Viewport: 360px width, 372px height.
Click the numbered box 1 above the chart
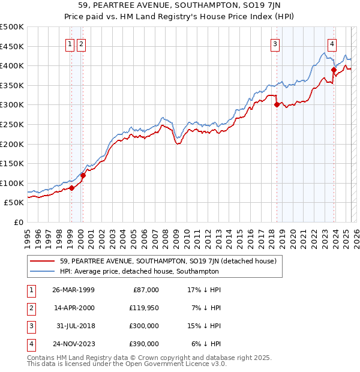point(70,43)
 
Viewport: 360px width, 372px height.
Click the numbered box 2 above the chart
point(81,43)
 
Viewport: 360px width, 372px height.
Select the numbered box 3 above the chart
point(275,43)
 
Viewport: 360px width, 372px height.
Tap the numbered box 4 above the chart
point(332,43)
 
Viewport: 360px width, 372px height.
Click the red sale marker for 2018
point(277,104)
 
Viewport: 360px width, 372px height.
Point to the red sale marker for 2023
point(334,69)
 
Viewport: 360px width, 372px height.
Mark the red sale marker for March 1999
point(71,188)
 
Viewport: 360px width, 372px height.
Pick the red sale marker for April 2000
point(83,175)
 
